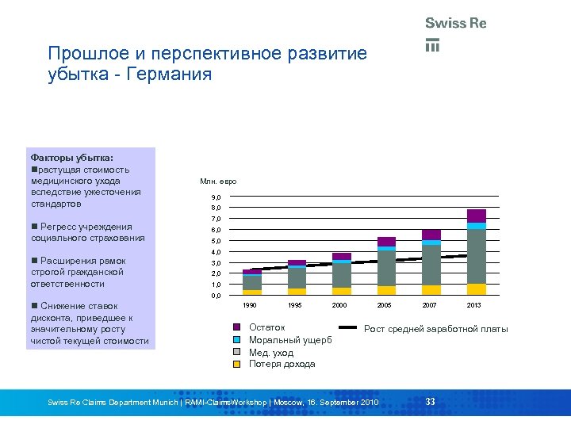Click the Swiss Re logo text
(x=455, y=23)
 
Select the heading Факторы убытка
(x=71, y=158)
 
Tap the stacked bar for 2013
(x=476, y=252)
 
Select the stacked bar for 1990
(x=252, y=282)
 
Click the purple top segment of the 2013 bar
(x=476, y=216)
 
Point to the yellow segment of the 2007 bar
(x=431, y=289)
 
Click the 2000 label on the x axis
(x=340, y=305)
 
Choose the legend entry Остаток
(x=266, y=327)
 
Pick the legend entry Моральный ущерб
(x=290, y=340)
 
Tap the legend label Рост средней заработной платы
(x=435, y=329)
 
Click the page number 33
(x=430, y=402)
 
